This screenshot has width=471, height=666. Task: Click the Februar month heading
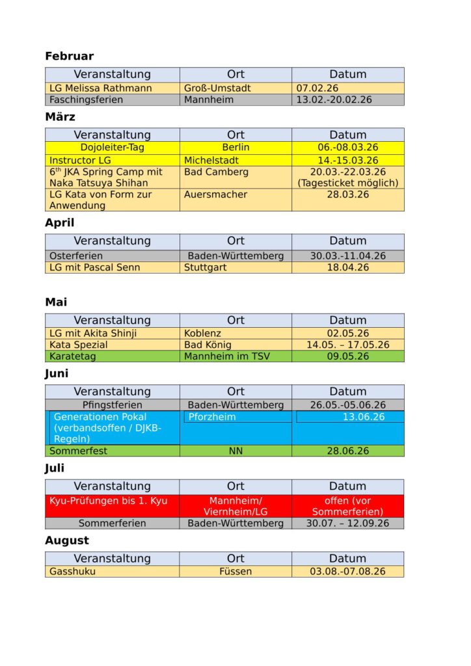69,57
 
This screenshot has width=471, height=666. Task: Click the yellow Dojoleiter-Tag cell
113,148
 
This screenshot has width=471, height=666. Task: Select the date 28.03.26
348,194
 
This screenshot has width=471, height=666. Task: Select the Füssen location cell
235,572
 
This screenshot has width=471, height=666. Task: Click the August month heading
66,540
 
